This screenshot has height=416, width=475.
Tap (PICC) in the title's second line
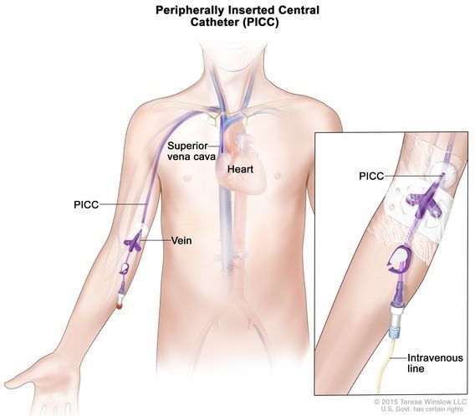click(260, 23)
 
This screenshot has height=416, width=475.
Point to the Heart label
click(240, 169)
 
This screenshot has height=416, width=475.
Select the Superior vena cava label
click(192, 151)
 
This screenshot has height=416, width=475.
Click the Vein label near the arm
click(181, 241)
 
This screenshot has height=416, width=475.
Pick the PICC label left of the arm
click(86, 205)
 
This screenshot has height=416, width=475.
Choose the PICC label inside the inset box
click(371, 176)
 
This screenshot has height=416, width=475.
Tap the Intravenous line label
click(435, 363)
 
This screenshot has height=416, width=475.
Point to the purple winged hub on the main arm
click(133, 242)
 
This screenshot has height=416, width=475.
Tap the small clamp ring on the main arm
click(125, 269)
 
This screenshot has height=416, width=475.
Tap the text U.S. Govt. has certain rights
click(422, 409)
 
